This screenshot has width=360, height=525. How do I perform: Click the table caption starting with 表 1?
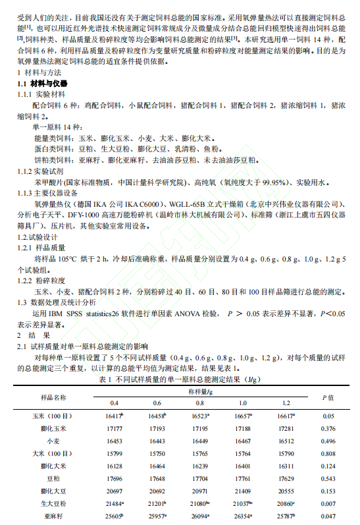180,380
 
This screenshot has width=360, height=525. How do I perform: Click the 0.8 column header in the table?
199,403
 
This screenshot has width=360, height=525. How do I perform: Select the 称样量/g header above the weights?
199,392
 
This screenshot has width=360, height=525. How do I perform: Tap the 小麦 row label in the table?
53,441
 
